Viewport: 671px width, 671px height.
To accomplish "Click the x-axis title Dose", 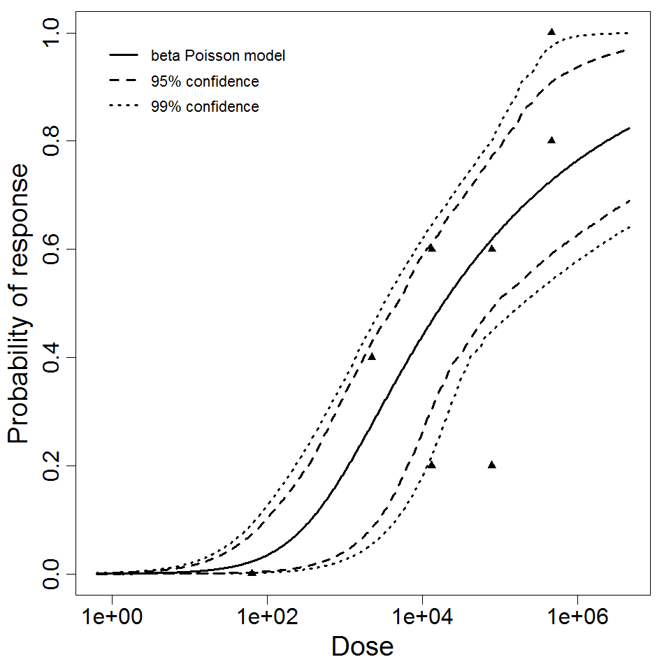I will click(x=362, y=646).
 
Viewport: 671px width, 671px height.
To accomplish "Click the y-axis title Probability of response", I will click(x=20, y=303).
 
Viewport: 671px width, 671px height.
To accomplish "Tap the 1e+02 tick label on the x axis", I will click(x=266, y=619).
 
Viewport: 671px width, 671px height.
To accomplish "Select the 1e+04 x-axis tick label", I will click(x=421, y=619).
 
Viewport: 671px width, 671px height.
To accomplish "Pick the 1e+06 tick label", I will click(x=577, y=619).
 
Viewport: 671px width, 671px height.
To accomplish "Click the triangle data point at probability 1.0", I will click(x=551, y=31).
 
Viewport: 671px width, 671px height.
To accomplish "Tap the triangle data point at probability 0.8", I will click(x=551, y=140).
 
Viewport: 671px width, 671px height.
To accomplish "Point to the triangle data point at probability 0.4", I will click(x=372, y=356).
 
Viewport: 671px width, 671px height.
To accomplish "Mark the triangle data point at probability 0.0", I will click(x=252, y=572).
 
